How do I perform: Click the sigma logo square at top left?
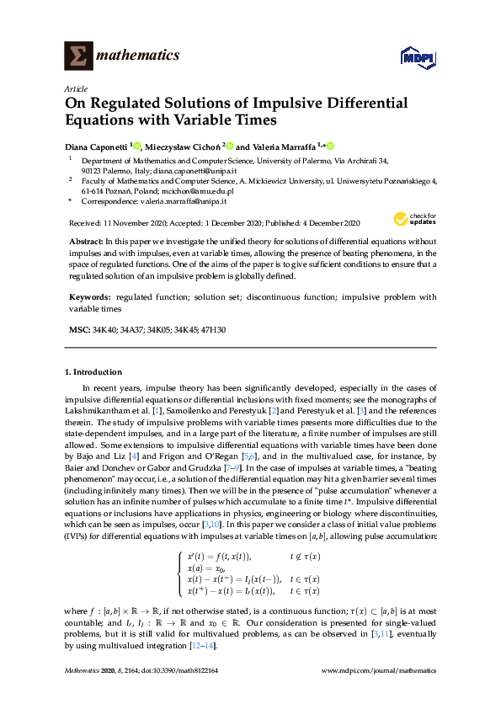point(78,56)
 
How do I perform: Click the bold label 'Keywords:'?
point(89,296)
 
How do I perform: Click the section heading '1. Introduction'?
point(93,371)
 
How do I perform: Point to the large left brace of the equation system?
point(179,573)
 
